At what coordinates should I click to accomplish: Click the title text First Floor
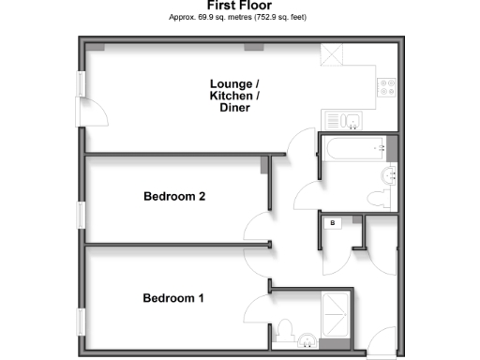coord(239,6)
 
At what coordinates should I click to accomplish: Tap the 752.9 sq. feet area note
coord(270,18)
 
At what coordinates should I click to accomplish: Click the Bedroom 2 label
coord(174,197)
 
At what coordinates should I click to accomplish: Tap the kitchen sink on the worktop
coord(347,120)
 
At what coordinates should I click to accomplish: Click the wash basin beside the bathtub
coord(391,175)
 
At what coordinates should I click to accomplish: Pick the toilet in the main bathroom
coord(378,198)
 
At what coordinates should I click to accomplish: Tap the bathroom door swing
coord(307,195)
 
